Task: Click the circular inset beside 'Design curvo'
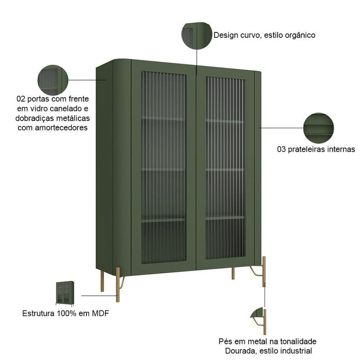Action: click(x=197, y=35)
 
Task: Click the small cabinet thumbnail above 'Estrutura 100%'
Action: click(x=65, y=293)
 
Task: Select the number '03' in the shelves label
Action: click(x=282, y=149)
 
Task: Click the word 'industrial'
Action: click(x=297, y=351)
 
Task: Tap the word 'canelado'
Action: click(x=67, y=108)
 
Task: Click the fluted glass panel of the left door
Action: click(x=164, y=166)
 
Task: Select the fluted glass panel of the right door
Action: click(x=225, y=166)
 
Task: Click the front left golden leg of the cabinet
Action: click(x=118, y=284)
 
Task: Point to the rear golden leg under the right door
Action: click(x=233, y=273)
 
